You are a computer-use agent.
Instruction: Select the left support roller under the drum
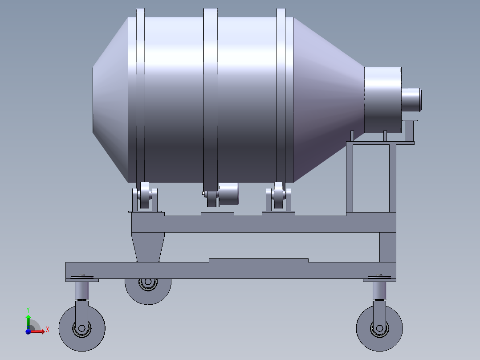(x=145, y=196)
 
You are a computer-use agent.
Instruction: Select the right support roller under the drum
(x=279, y=196)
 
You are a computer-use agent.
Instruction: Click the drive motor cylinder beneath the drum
(x=228, y=194)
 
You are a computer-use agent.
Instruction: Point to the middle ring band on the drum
(x=211, y=98)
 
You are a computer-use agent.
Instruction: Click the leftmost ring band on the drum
(x=140, y=98)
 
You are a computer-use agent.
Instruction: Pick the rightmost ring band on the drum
(x=281, y=98)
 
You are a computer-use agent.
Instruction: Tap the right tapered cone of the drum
(x=327, y=100)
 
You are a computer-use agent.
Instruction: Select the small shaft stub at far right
(x=411, y=99)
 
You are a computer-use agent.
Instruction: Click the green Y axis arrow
(x=28, y=319)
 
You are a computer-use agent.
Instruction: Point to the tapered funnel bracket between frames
(x=149, y=247)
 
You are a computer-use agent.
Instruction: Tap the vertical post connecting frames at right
(x=387, y=247)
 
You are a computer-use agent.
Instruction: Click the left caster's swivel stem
(x=81, y=291)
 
